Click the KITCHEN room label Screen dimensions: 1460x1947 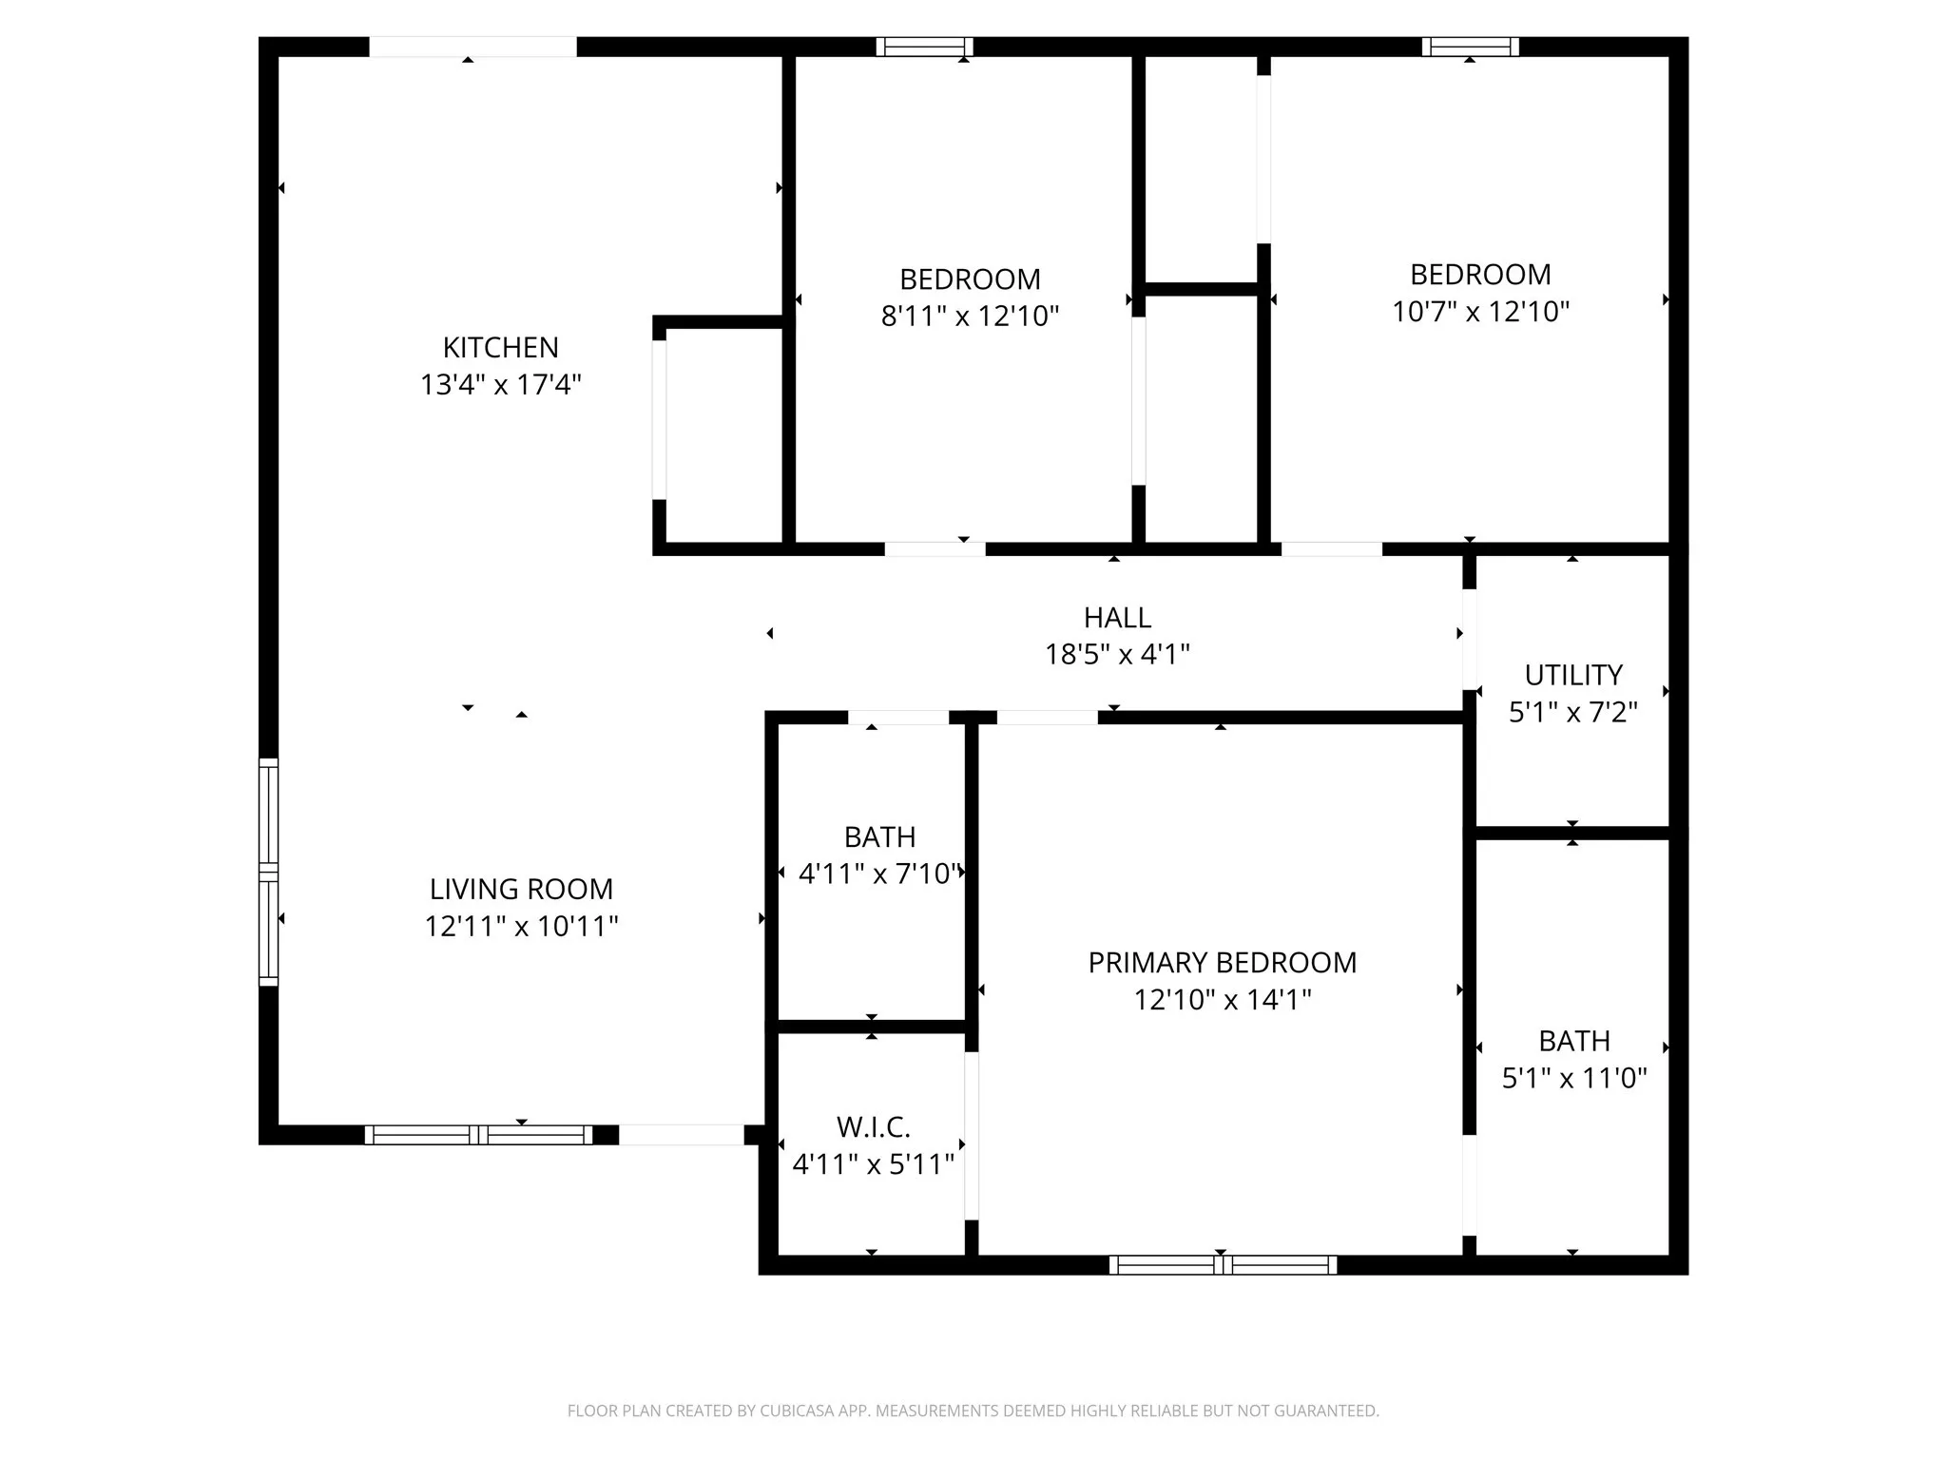click(500, 347)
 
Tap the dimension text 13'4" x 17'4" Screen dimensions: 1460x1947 click(500, 385)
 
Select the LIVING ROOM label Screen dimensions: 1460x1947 click(521, 889)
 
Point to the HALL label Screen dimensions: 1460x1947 click(1117, 618)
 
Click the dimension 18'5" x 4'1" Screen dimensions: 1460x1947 click(1117, 655)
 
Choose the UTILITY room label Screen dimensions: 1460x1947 click(1572, 675)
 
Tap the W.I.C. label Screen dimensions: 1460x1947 click(873, 1127)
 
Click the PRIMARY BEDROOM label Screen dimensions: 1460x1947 click(1222, 963)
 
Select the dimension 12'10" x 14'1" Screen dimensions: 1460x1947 click(1222, 1000)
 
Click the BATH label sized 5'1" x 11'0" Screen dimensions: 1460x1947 click(1573, 1041)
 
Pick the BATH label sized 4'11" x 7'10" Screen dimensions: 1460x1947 click(879, 837)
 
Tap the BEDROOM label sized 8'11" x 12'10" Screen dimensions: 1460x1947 click(970, 279)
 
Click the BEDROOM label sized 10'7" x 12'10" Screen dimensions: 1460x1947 click(1480, 275)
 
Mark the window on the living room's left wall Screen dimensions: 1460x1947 click(269, 872)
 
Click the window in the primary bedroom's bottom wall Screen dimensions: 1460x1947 click(1223, 1264)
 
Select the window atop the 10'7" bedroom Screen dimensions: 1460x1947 click(1470, 47)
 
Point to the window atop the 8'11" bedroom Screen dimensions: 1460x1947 click(924, 47)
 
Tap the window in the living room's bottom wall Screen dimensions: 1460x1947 click(478, 1134)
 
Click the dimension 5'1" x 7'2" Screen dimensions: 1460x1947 click(1572, 712)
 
